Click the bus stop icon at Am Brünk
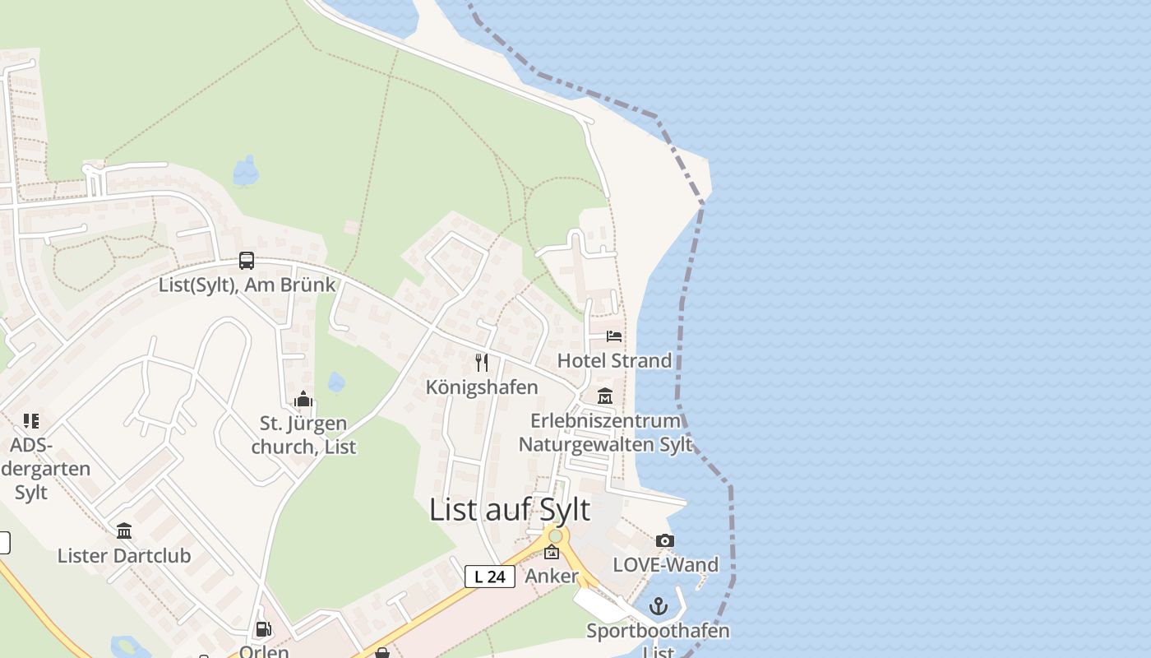[x=246, y=261]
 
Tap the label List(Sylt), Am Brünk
[x=247, y=285]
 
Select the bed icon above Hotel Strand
[x=614, y=336]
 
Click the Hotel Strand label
[x=614, y=360]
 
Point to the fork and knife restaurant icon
[x=482, y=362]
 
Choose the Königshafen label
[x=482, y=387]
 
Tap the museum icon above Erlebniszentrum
[x=605, y=396]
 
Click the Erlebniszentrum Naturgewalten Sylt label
[x=605, y=433]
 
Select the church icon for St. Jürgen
[x=303, y=400]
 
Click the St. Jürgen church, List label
[x=303, y=435]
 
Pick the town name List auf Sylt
[x=510, y=510]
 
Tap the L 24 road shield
[x=490, y=577]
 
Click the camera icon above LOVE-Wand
[x=665, y=540]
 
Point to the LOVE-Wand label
[x=666, y=564]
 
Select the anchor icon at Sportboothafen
[x=658, y=607]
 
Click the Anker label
[x=552, y=576]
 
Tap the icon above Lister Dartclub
[x=124, y=531]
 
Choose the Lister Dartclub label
[x=124, y=555]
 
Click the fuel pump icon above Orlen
[x=263, y=629]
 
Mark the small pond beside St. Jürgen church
[x=336, y=382]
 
